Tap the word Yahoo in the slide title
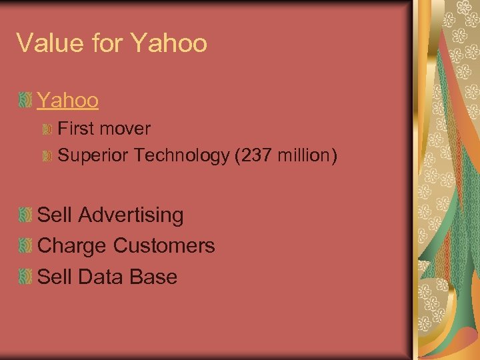(169, 43)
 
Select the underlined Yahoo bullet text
(68, 100)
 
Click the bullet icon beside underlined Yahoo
(25, 101)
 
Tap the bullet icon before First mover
(47, 129)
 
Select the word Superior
(93, 155)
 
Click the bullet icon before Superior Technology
(47, 156)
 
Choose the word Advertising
(131, 215)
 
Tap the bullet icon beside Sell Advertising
(25, 215)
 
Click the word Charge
(72, 246)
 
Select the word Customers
(164, 246)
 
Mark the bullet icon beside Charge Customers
(25, 246)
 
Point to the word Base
(155, 277)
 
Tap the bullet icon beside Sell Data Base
(25, 277)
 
